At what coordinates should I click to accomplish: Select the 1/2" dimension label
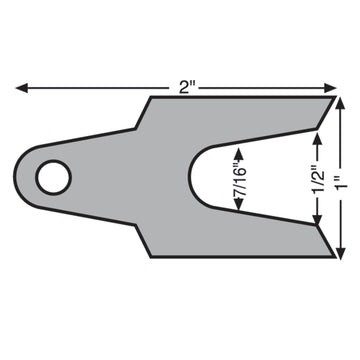(x=317, y=178)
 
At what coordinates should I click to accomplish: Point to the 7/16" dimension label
(x=240, y=179)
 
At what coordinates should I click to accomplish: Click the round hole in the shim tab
(x=53, y=177)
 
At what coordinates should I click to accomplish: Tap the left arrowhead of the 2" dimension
(x=22, y=88)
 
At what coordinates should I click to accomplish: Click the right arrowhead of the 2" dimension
(x=330, y=88)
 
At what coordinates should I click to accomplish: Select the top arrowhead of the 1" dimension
(x=340, y=103)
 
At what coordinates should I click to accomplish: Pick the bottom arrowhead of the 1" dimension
(x=340, y=252)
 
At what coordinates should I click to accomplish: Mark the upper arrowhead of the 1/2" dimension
(x=317, y=138)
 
